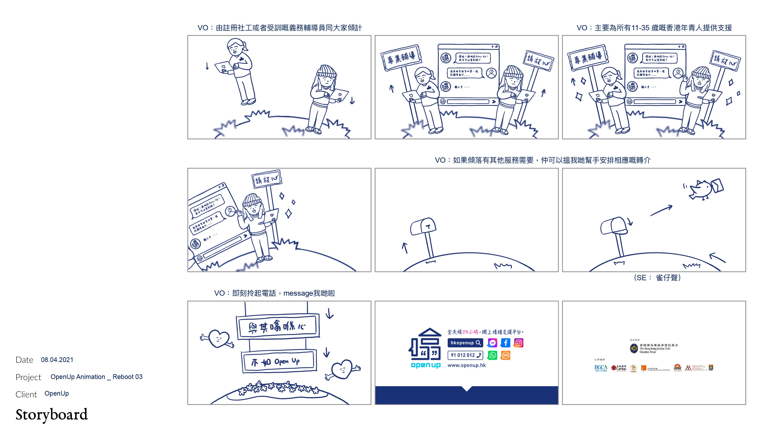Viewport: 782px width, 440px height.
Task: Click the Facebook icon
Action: tap(505, 343)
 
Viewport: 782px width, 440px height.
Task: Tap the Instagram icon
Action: tap(518, 343)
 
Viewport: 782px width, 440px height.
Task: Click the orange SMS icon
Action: tap(505, 355)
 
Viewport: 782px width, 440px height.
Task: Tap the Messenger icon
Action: tap(492, 343)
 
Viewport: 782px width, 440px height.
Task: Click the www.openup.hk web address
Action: tap(467, 365)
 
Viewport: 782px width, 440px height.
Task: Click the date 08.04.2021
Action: tap(57, 360)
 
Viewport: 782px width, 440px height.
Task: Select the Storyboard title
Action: tap(52, 415)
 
